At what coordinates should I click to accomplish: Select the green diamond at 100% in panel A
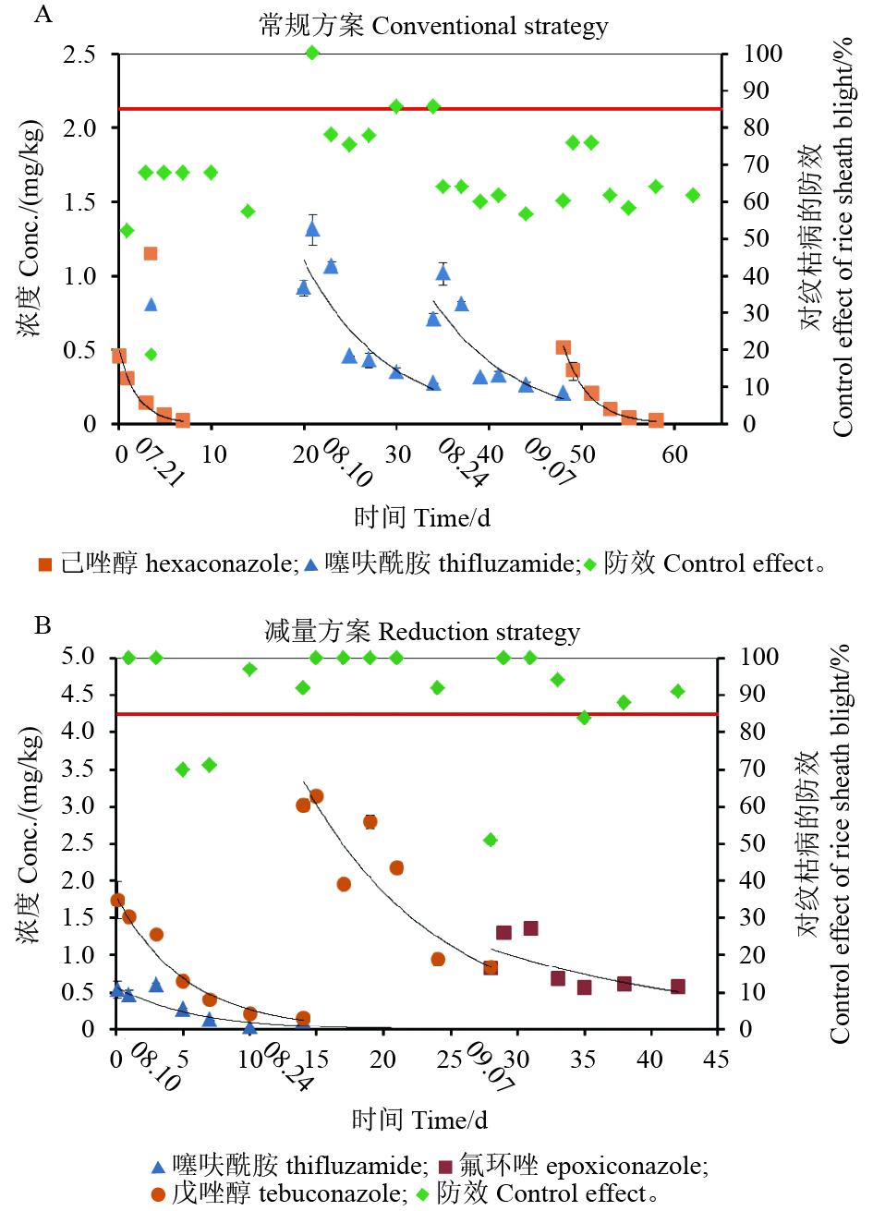click(312, 53)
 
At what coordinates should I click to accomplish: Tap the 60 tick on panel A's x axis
click(675, 454)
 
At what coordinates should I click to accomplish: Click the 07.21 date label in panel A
click(159, 464)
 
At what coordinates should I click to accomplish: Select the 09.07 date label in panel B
click(490, 1068)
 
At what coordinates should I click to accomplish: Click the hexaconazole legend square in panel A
click(44, 564)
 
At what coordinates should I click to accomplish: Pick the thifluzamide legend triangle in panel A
click(310, 563)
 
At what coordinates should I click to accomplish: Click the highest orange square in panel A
click(151, 253)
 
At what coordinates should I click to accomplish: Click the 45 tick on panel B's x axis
click(716, 1059)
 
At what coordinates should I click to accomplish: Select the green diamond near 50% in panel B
click(491, 840)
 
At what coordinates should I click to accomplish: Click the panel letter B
click(42, 625)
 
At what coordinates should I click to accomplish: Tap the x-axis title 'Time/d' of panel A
click(422, 517)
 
